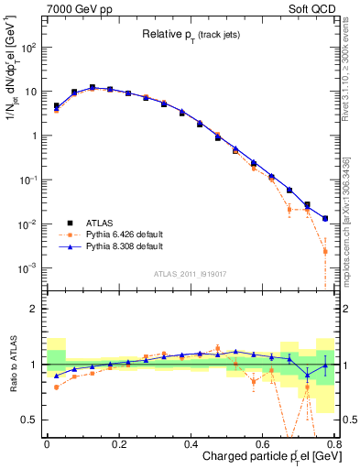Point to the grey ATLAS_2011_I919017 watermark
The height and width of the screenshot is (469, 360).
(191, 272)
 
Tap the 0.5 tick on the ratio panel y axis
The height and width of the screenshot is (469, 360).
(29, 420)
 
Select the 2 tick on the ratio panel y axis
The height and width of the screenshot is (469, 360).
(34, 309)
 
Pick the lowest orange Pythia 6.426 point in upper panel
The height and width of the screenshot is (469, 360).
(325, 251)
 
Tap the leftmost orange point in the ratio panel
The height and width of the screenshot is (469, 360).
(56, 387)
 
